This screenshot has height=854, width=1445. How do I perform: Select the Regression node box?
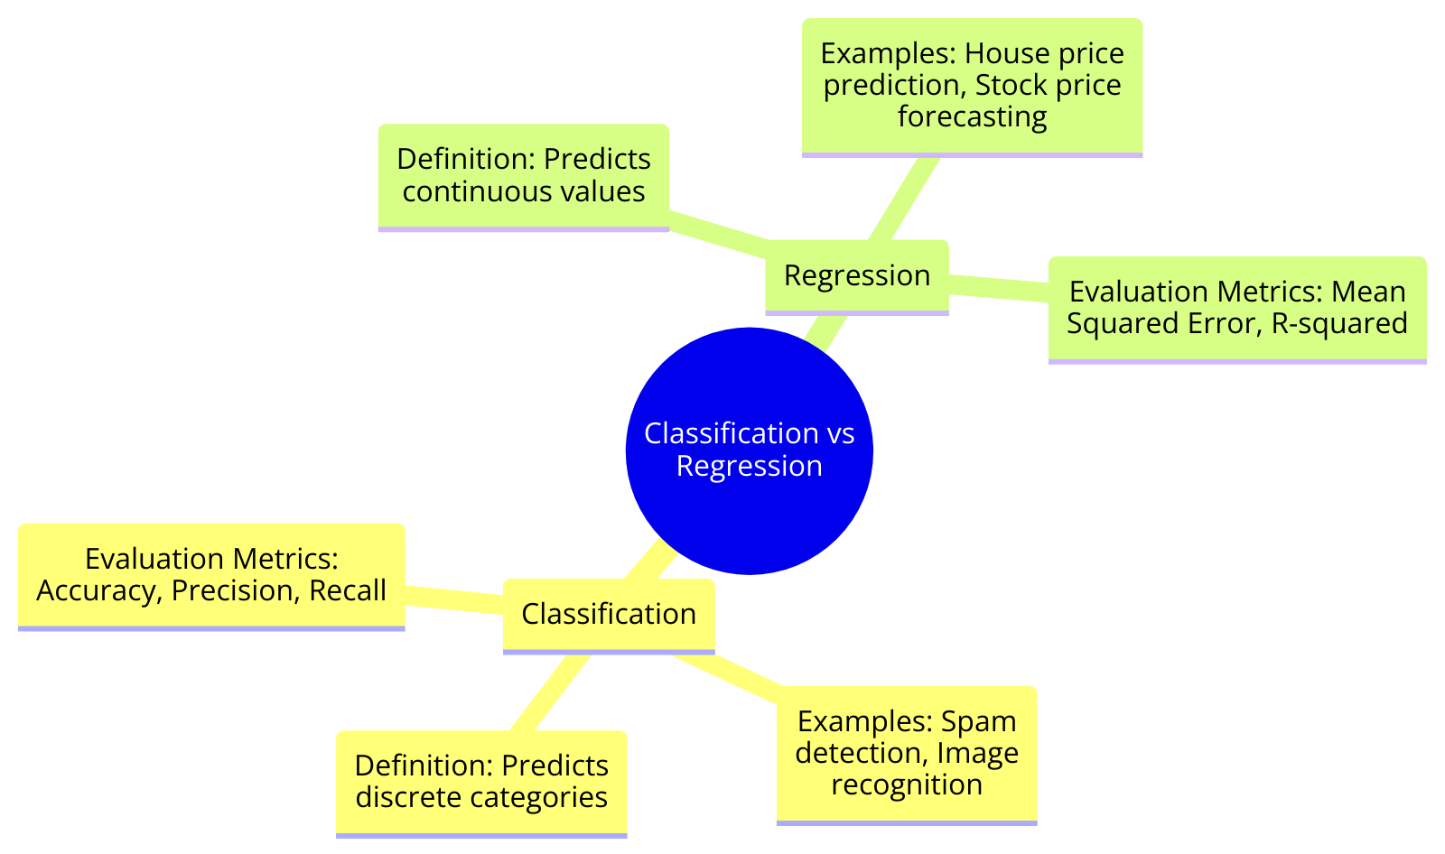click(856, 275)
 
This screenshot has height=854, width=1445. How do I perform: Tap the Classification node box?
click(609, 614)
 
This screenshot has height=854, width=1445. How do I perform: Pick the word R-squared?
click(1339, 323)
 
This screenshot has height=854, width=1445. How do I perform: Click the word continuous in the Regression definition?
click(462, 191)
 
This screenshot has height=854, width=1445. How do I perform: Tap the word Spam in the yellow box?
click(979, 721)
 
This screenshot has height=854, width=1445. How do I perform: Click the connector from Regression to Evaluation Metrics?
click(998, 285)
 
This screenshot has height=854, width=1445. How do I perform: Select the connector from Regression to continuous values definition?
click(718, 230)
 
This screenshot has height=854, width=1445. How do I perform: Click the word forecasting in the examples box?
click(972, 116)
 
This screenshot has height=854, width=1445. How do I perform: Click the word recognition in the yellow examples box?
click(907, 784)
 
